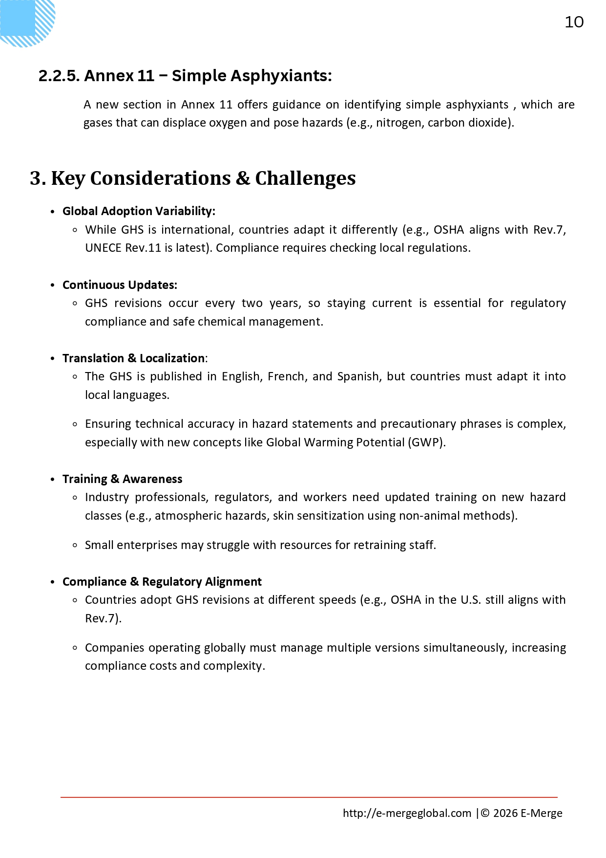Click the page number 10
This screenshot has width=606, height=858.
[x=574, y=22]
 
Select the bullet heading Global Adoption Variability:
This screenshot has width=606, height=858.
[x=139, y=211]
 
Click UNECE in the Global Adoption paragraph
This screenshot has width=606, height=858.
[x=103, y=248]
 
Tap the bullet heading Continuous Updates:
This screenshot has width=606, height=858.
[x=120, y=285]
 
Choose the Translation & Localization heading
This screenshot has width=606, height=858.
[x=133, y=358]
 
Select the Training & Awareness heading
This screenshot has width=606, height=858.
[x=122, y=479]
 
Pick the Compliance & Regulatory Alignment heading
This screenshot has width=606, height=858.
[x=162, y=582]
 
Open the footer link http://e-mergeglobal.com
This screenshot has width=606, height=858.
[x=407, y=813]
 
